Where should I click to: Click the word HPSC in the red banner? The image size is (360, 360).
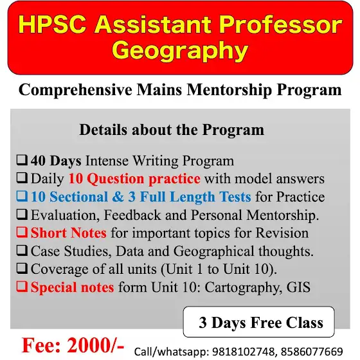point(52,24)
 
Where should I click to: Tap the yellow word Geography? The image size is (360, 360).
point(180,51)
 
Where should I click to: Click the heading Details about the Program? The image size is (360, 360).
point(172,130)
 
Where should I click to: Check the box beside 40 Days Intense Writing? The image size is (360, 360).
point(22,160)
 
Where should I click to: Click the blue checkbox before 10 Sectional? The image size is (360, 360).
point(22,196)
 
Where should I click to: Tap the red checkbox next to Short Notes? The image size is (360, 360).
point(22,232)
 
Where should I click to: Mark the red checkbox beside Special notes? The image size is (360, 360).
point(22,287)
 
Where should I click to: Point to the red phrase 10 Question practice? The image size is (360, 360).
point(134,179)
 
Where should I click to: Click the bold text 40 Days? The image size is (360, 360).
point(56,161)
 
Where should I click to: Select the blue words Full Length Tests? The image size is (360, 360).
point(195,197)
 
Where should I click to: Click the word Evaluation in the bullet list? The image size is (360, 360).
point(64,215)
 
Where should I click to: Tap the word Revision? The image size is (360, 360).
point(282,233)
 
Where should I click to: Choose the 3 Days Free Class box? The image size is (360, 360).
point(258,322)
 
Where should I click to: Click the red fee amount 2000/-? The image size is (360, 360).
point(96,345)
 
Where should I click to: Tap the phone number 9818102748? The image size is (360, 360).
point(243,352)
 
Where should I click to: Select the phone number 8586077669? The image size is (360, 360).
point(312,352)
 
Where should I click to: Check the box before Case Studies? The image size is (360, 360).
point(22,250)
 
